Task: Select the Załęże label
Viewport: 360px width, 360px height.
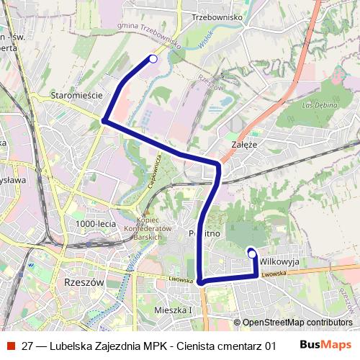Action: [x=246, y=144]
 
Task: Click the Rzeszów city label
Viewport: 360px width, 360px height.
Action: [x=84, y=283]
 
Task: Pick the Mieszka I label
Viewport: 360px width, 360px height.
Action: [x=174, y=310]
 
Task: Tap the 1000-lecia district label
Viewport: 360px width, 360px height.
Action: [x=95, y=225]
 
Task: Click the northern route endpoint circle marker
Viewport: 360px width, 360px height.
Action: [x=153, y=59]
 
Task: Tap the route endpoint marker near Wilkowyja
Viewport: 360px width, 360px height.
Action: [x=251, y=253]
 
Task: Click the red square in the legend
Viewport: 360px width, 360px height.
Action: [x=10, y=345]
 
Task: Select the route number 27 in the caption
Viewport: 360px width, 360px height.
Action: [x=27, y=345]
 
